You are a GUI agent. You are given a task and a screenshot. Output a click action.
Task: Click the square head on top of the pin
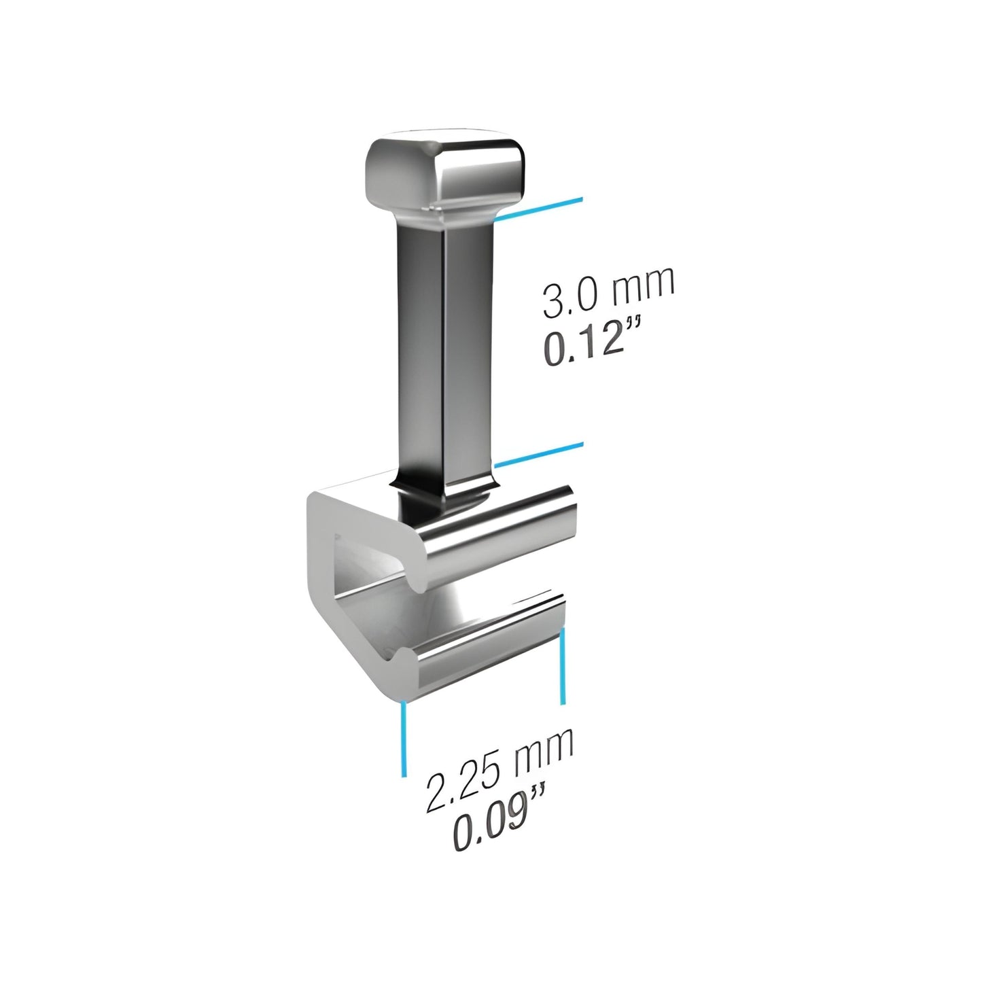point(444,171)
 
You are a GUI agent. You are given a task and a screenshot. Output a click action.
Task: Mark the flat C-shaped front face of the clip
point(326,578)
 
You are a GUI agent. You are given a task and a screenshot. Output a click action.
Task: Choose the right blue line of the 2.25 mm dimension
point(562,666)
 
